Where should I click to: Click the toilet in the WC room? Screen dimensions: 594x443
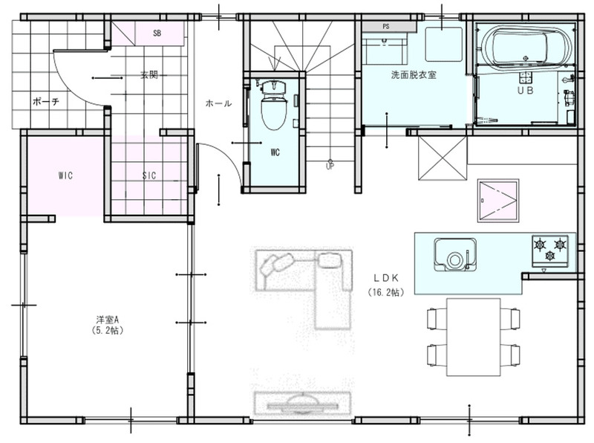point(273,105)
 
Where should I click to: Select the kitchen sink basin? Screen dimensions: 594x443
point(455,254)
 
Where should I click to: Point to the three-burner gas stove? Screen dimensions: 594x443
point(550,250)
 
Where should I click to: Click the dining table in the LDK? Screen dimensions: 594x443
point(474,337)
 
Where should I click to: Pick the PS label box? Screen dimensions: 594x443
point(386,27)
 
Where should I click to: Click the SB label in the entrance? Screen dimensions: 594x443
point(157,33)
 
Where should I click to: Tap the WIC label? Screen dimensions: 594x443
point(65,175)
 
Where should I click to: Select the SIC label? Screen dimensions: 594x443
point(149,175)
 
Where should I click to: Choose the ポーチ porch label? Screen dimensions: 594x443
point(46,102)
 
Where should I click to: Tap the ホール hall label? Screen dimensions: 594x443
point(218,103)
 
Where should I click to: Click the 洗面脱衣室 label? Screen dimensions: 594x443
point(414,75)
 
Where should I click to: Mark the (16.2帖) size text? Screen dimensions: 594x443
point(385,292)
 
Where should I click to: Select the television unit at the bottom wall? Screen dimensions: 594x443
point(302,404)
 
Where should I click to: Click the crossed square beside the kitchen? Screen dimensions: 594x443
point(443,158)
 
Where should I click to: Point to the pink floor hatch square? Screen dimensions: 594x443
point(497,200)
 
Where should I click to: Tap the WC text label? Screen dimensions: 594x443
point(275,152)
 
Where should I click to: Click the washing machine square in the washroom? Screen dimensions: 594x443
point(444,44)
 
